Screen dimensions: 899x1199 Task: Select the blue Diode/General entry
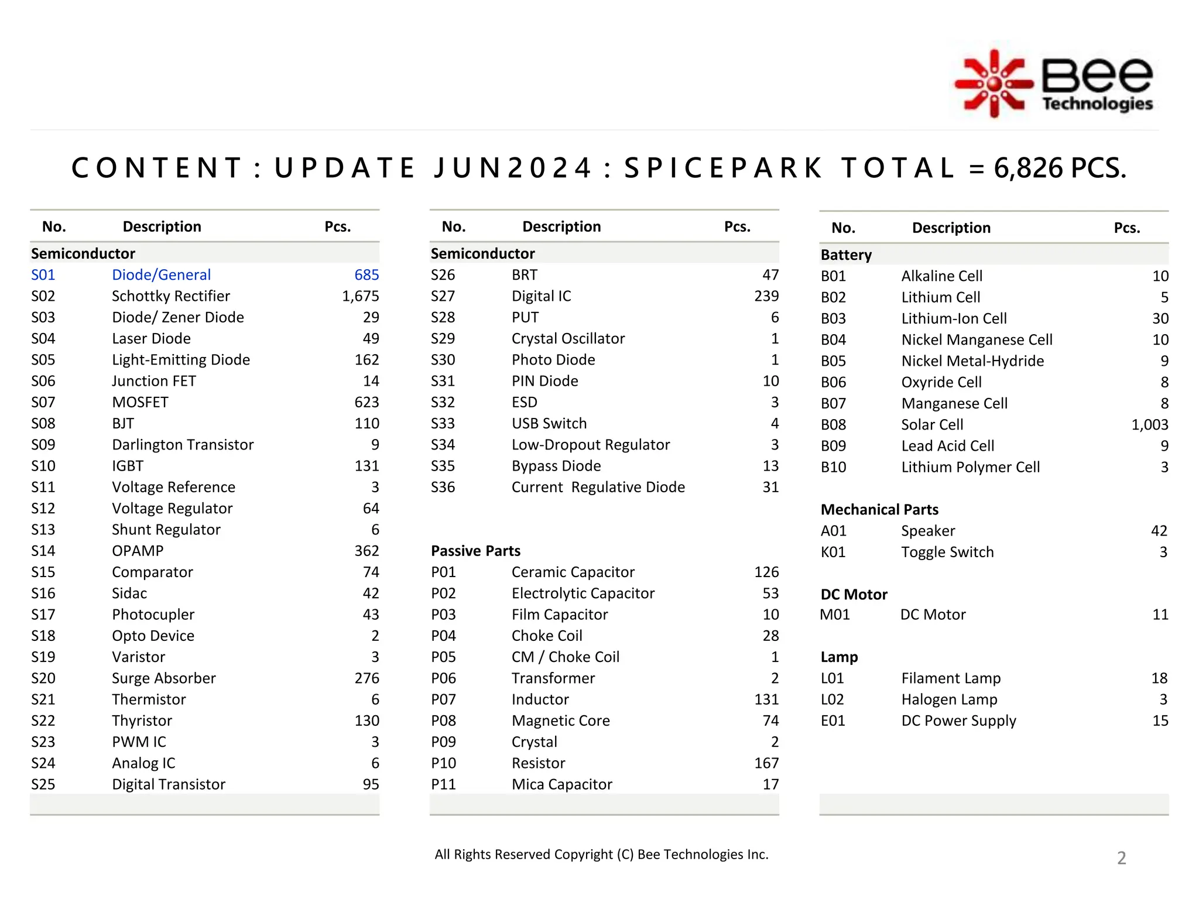(x=161, y=275)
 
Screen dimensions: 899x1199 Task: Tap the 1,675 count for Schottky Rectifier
(x=360, y=296)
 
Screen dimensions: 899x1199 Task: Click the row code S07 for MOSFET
(x=43, y=403)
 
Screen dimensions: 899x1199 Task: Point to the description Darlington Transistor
(x=183, y=445)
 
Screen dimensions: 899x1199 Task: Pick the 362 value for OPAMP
(x=366, y=551)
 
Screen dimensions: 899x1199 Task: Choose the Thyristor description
(x=142, y=721)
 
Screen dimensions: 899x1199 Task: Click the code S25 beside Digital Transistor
(x=43, y=785)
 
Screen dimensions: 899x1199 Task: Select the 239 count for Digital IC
(x=766, y=296)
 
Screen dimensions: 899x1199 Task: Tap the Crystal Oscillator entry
(x=568, y=339)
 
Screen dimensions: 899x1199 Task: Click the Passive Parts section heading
(x=475, y=551)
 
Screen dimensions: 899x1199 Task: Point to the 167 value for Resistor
(x=766, y=763)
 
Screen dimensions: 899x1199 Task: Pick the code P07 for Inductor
(x=443, y=700)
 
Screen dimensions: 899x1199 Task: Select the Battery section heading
(x=846, y=255)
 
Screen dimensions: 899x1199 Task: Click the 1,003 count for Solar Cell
(x=1149, y=425)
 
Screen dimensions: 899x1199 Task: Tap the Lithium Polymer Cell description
(x=970, y=468)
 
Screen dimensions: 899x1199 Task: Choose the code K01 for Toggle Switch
(x=833, y=553)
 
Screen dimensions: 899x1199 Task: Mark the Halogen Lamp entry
(x=949, y=700)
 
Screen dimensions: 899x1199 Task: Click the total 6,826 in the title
(x=1027, y=169)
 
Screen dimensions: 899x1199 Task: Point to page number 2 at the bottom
(x=1121, y=858)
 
